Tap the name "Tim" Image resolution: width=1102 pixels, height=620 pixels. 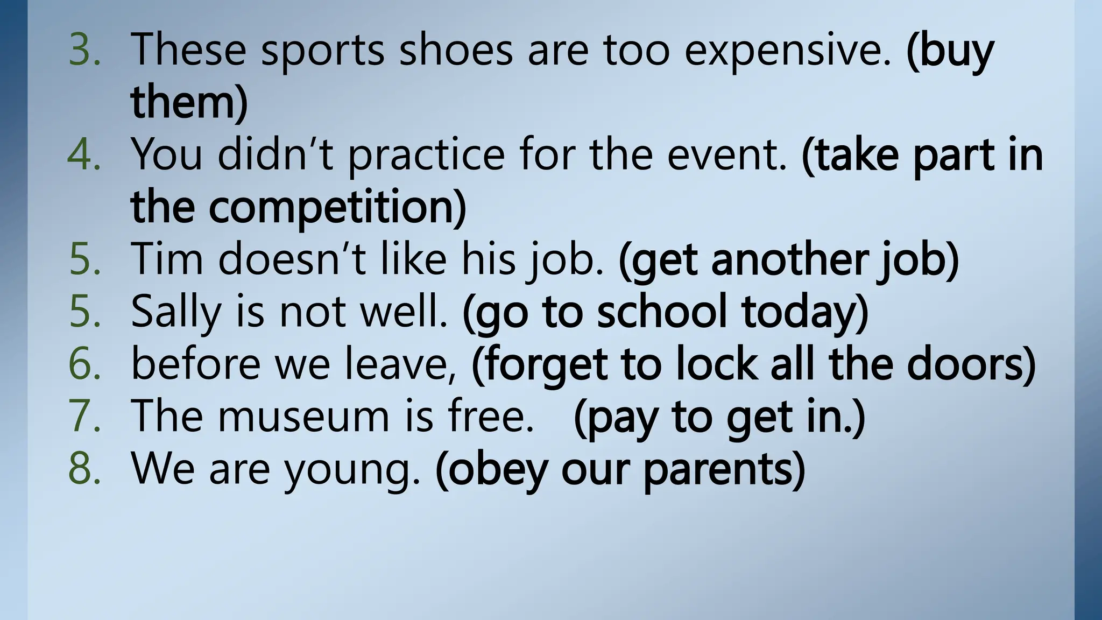click(x=167, y=259)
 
